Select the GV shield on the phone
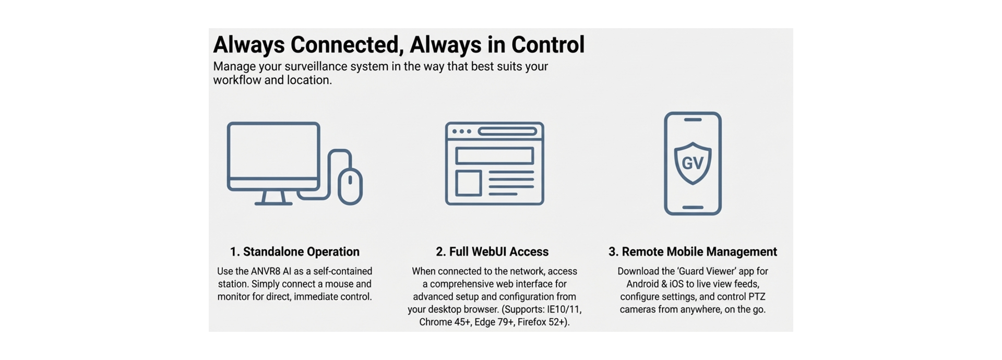[693, 163]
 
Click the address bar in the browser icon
[507, 131]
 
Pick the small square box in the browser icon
[468, 183]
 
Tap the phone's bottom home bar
[693, 207]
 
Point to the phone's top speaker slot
[693, 119]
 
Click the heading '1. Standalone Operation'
[295, 251]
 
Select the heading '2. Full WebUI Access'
[492, 251]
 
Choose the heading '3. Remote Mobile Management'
[693, 251]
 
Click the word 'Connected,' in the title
[347, 45]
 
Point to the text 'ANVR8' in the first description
[266, 271]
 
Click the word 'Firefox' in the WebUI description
[533, 322]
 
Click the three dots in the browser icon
[461, 131]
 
